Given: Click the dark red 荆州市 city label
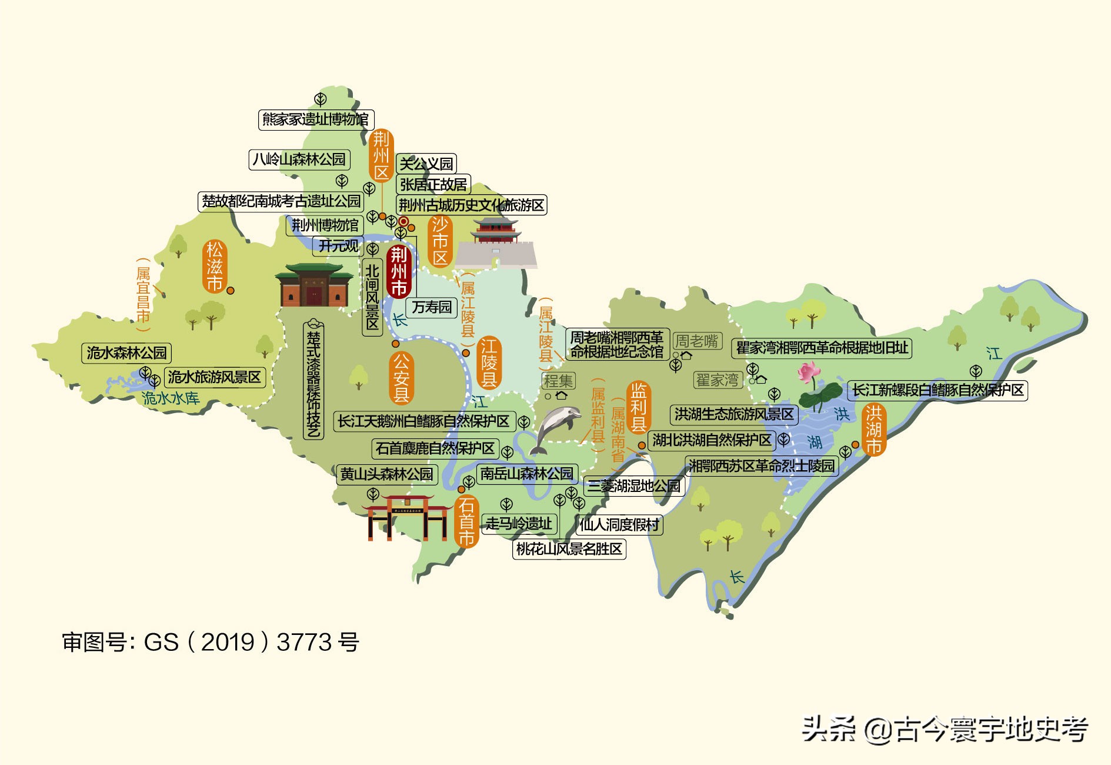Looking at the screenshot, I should pyautogui.click(x=399, y=271).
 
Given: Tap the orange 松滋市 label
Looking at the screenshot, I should pyautogui.click(x=215, y=267).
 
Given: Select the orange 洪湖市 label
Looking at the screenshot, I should pyautogui.click(x=873, y=430).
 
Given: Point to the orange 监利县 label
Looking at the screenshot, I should pyautogui.click(x=638, y=407).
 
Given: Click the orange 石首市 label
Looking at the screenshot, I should pyautogui.click(x=466, y=521).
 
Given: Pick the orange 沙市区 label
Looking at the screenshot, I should pyautogui.click(x=440, y=241).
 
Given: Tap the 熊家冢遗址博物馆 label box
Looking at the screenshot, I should pyautogui.click(x=316, y=119).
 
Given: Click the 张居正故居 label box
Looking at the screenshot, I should pyautogui.click(x=433, y=184).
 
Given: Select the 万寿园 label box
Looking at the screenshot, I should pyautogui.click(x=432, y=307).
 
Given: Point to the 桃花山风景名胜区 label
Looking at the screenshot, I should pyautogui.click(x=569, y=549).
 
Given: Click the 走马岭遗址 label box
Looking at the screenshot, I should pyautogui.click(x=518, y=523).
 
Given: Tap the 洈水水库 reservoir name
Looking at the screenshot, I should pyautogui.click(x=171, y=398).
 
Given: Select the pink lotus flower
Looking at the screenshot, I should pyautogui.click(x=809, y=372).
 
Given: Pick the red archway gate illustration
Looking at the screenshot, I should pyautogui.click(x=406, y=516).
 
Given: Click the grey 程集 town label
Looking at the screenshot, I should pyautogui.click(x=558, y=381).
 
